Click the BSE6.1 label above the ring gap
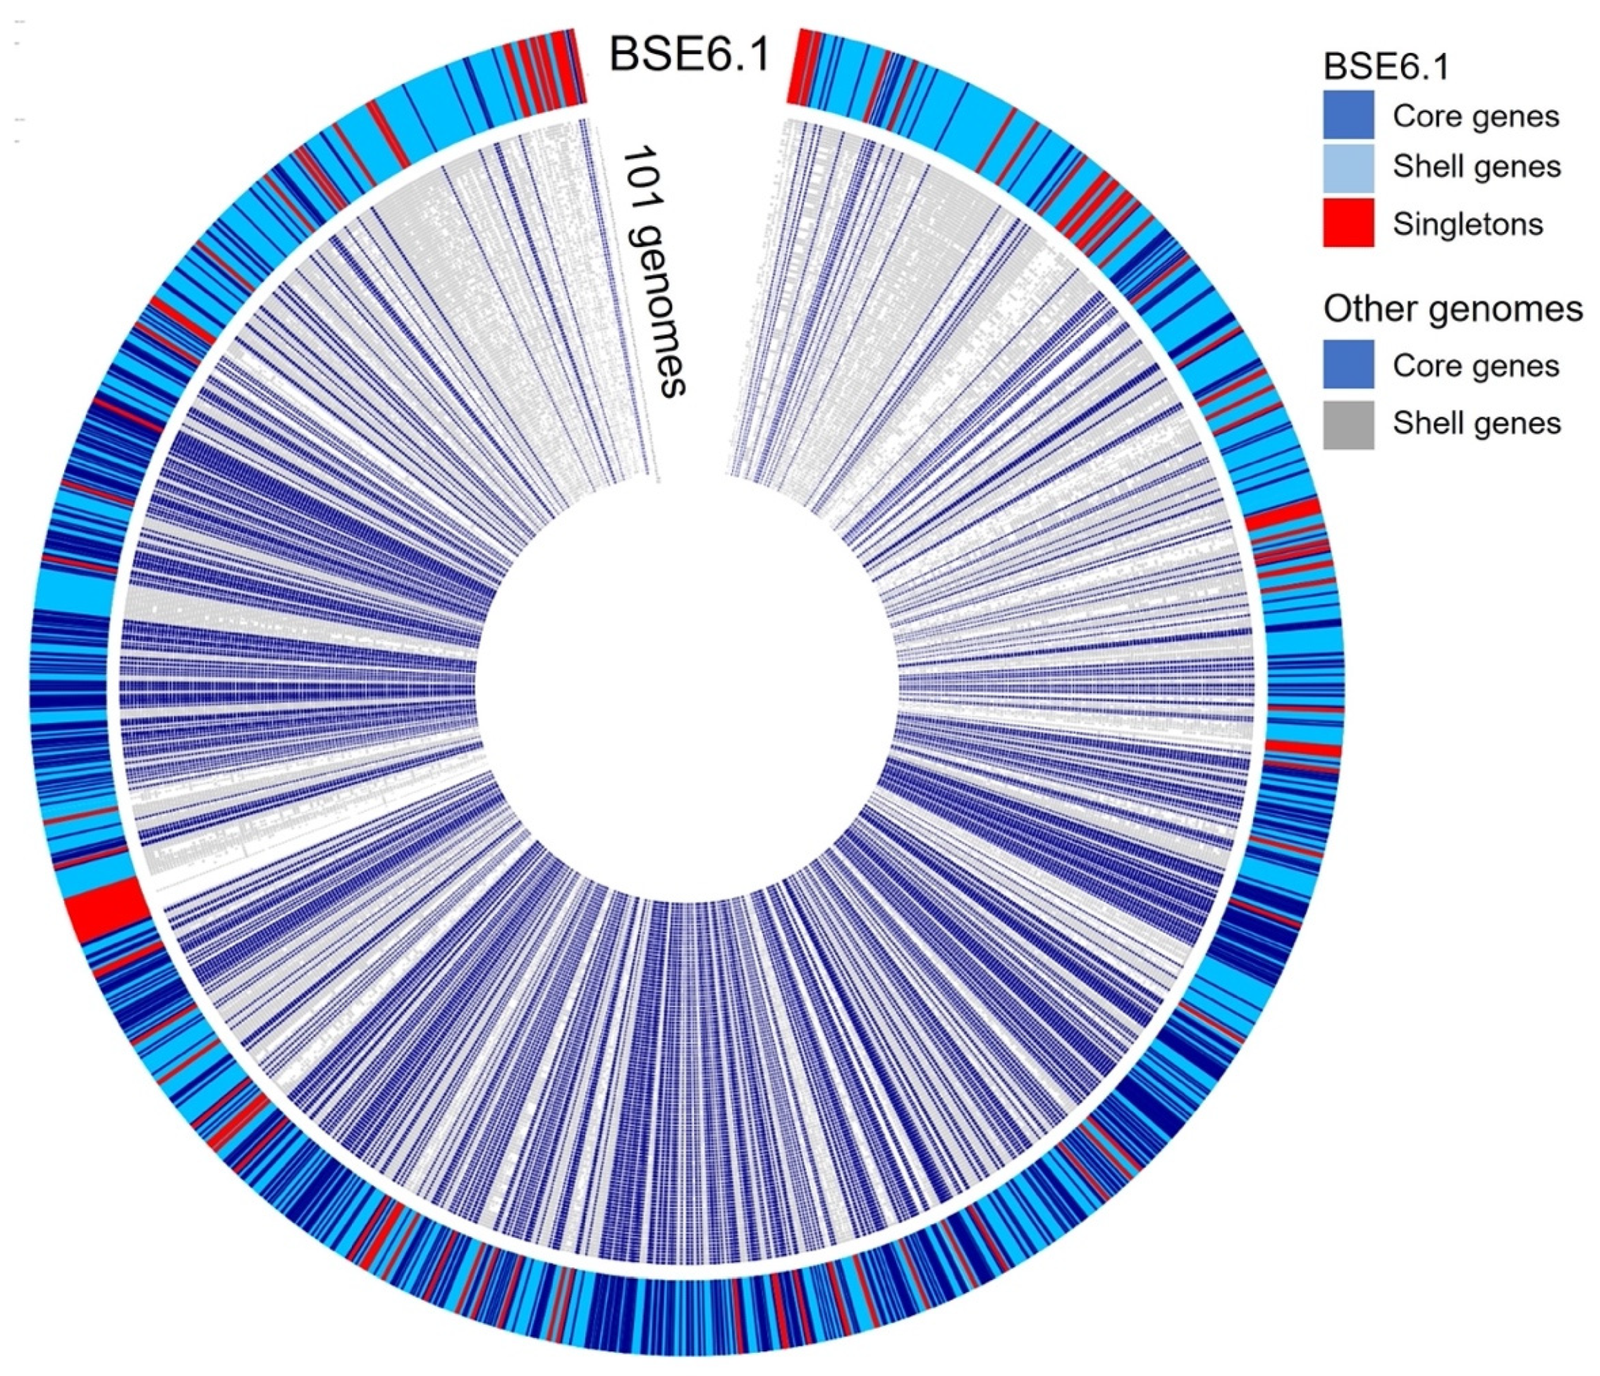point(690,56)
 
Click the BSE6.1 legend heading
point(1386,67)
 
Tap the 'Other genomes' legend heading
point(1453,309)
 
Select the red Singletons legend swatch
point(1348,223)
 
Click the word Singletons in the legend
point(1467,224)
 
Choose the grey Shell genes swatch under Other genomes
point(1348,424)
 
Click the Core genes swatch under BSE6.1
point(1348,115)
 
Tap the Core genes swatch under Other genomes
point(1348,364)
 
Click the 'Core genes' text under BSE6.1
point(1476,116)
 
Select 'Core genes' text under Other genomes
point(1476,365)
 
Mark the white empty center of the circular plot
point(688,695)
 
